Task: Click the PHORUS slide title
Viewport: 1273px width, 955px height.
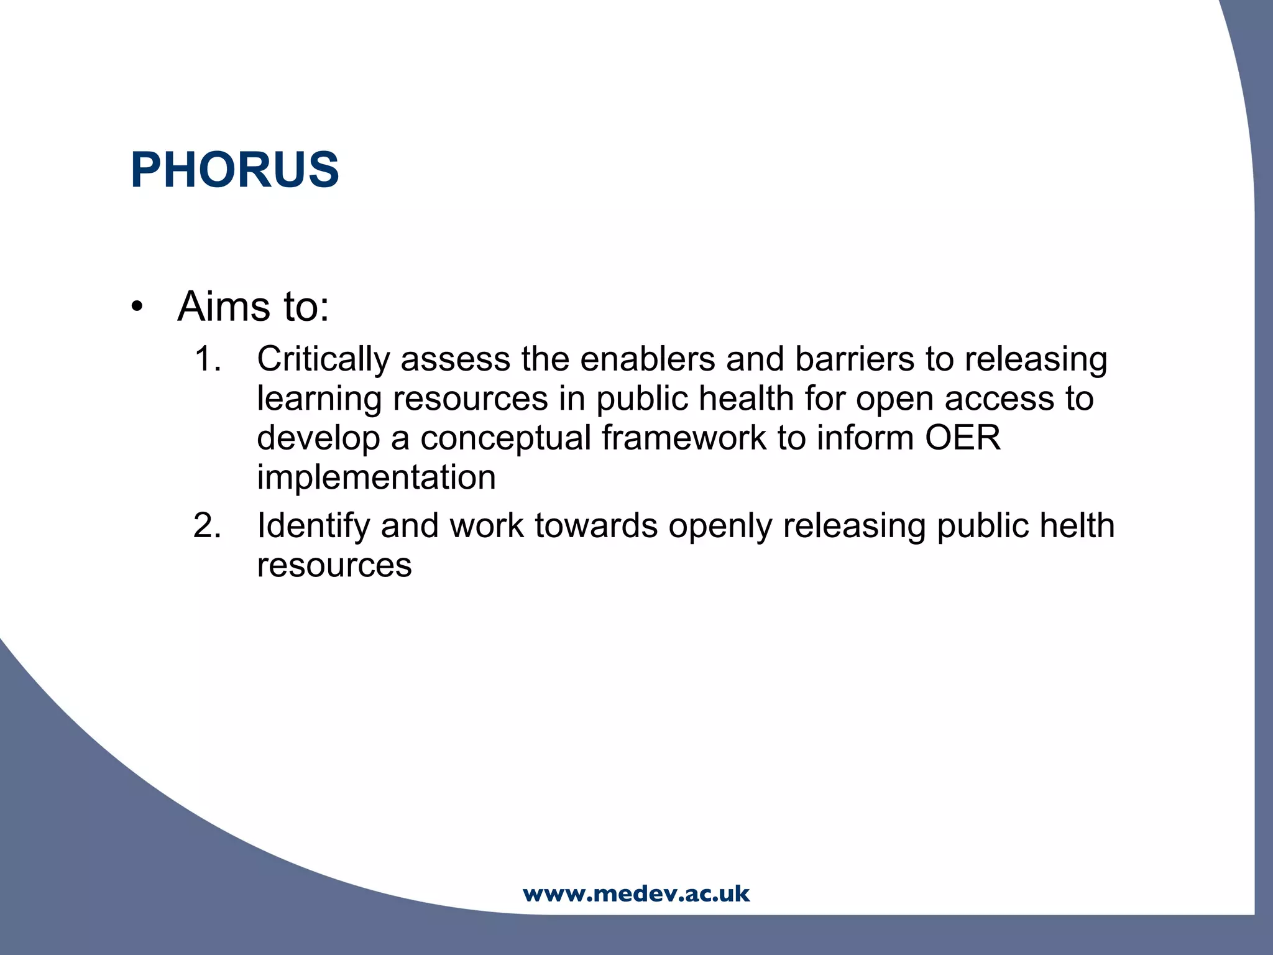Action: click(234, 170)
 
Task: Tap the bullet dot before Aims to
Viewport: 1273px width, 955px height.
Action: click(137, 307)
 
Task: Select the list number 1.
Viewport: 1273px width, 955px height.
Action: click(207, 359)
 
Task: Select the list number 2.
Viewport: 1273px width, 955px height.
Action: click(207, 526)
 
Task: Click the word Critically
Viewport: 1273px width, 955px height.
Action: click(323, 360)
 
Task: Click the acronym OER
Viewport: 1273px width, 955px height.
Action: click(962, 438)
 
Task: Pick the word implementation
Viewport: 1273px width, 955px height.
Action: click(376, 477)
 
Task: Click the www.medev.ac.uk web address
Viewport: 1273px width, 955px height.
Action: click(636, 893)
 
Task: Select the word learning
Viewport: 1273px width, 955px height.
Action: click(319, 399)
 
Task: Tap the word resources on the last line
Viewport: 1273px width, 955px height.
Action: click(334, 565)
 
